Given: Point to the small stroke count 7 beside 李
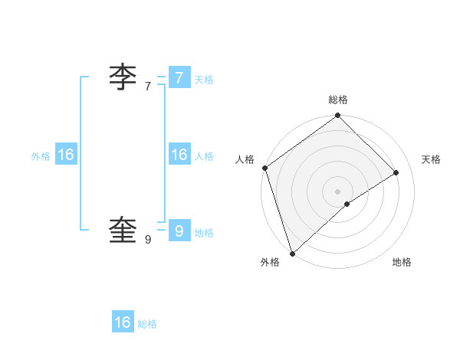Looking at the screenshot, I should click(148, 87).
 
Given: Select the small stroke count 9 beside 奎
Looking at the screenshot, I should click(148, 240).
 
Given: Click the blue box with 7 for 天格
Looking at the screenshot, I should click(179, 78).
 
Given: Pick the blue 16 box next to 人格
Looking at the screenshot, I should click(179, 155).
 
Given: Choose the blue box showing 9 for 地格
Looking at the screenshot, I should click(179, 231).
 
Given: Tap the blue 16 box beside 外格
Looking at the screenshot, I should click(66, 155).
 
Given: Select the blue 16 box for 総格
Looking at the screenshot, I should click(123, 322).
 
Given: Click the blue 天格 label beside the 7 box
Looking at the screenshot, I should click(204, 80).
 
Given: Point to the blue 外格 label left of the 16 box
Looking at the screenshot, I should click(41, 156).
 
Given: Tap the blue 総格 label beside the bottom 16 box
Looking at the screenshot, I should click(147, 324).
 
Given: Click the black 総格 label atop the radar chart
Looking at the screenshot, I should click(338, 100).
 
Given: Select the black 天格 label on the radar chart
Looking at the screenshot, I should click(431, 159).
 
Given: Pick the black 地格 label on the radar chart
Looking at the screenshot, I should click(402, 262).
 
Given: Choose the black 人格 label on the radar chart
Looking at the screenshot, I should click(245, 159).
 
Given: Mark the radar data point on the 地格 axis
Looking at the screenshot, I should click(347, 204).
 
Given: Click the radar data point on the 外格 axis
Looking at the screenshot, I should click(292, 253).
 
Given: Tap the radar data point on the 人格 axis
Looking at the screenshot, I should click(264, 168).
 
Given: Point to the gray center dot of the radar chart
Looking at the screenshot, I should click(337, 191).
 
